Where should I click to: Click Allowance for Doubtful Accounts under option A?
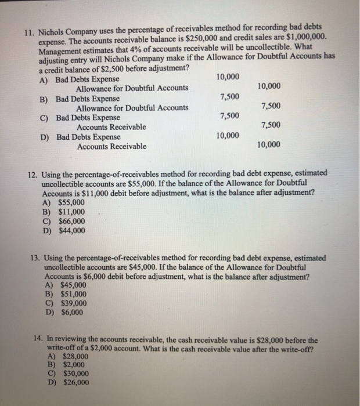tap(132, 88)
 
